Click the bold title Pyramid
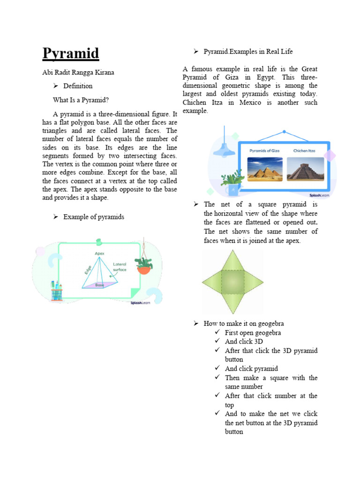71,54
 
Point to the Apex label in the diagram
100,254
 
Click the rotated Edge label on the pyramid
88,270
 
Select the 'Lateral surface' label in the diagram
120,267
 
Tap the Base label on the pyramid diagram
100,285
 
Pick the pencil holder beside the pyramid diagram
57,291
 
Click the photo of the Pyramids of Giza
265,169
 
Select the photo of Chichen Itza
305,169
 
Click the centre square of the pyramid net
233,282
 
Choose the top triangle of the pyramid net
233,260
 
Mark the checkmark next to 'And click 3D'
217,342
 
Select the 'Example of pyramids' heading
94,217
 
